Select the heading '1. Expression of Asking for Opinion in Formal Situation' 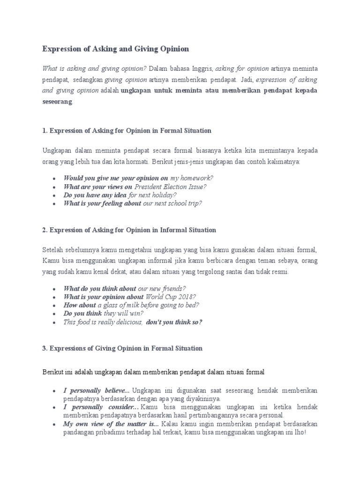click(x=127, y=130)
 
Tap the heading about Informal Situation click(x=129, y=230)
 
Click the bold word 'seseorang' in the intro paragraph click(x=57, y=101)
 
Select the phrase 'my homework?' click(x=192, y=178)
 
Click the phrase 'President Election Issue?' click(x=170, y=187)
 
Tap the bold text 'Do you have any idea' click(x=96, y=195)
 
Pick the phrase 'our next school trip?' click(x=172, y=203)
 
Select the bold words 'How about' click(x=80, y=305)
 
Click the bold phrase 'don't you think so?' click(x=174, y=322)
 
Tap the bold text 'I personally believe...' click(x=97, y=390)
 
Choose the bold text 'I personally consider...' click(x=99, y=407)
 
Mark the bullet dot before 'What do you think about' click(x=55, y=289)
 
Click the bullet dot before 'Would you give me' click(x=55, y=179)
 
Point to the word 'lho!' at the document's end click(x=299, y=432)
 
